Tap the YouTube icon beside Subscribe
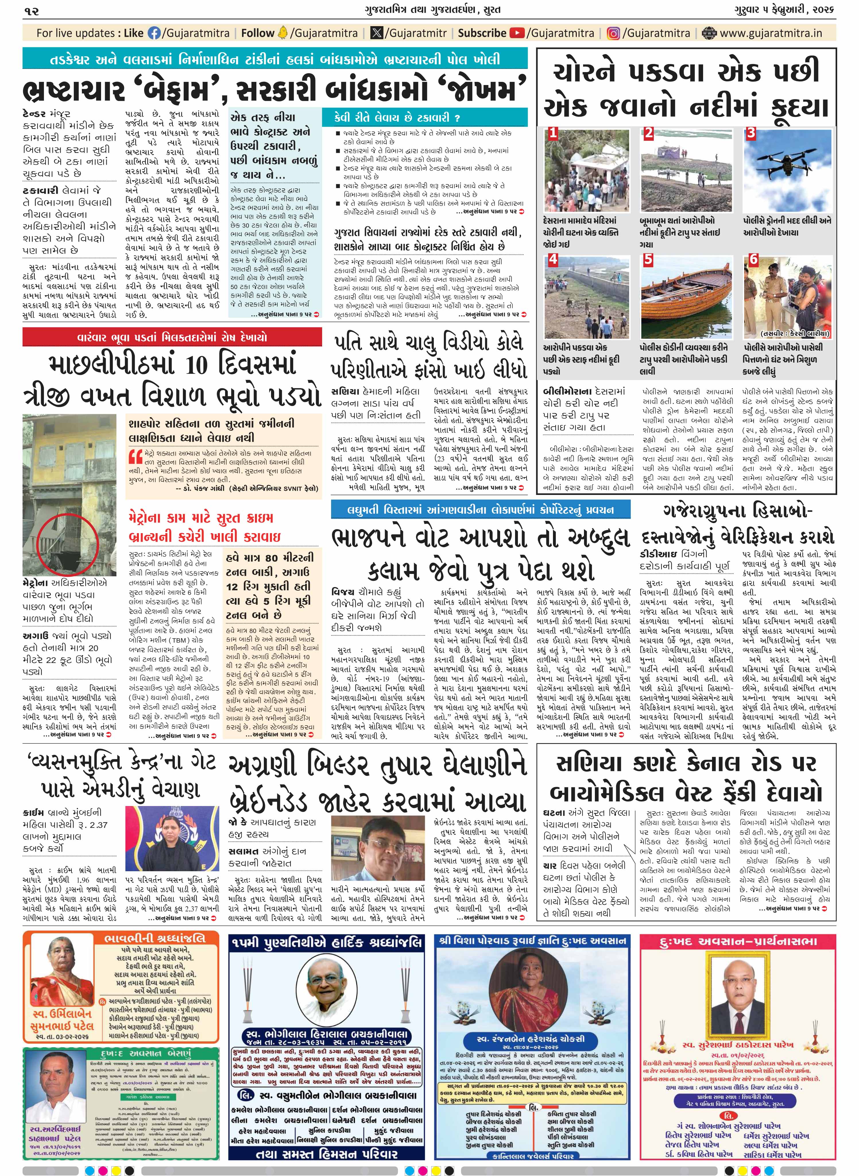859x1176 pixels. (517, 33)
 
